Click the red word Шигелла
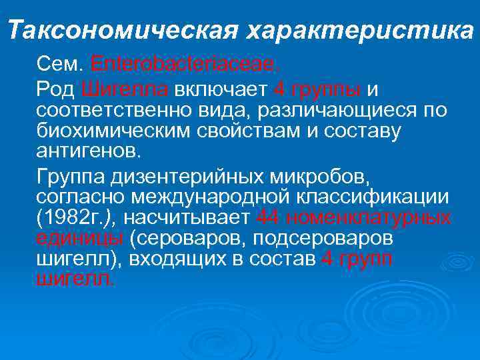point(126,89)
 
